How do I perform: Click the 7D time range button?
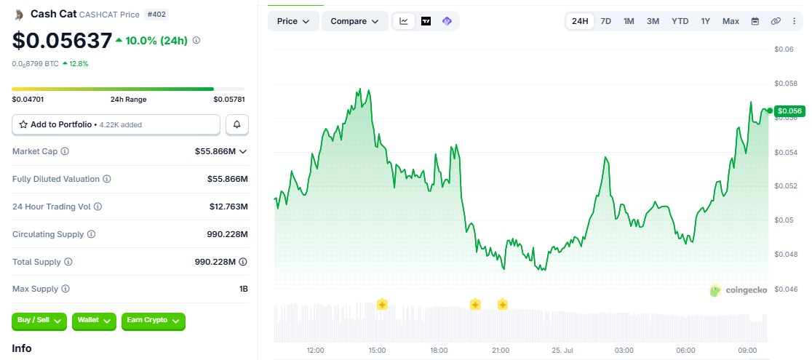605,21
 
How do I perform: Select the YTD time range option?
680,21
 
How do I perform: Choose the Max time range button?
731,21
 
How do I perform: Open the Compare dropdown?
355,21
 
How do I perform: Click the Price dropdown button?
293,21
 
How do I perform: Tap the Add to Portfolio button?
116,124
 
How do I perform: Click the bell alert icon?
237,124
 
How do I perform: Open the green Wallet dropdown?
95,321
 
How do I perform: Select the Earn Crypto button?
154,321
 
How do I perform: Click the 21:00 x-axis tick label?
501,351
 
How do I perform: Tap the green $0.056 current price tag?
789,111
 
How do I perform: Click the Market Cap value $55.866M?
215,151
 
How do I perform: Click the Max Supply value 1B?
244,289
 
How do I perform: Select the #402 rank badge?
157,15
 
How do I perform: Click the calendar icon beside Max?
755,21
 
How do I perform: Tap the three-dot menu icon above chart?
795,21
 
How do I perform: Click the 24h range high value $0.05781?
229,100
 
